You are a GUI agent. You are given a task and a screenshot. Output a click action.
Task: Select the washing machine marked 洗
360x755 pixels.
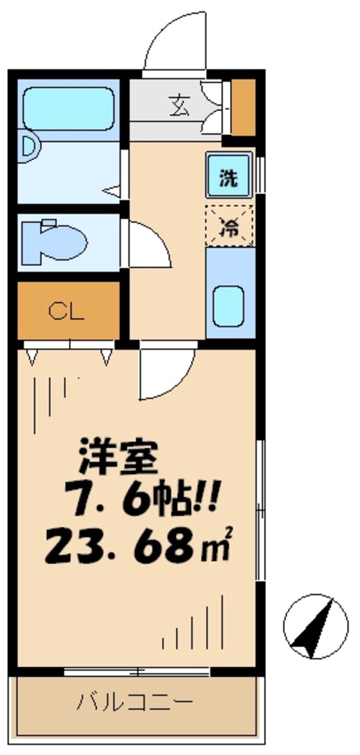click(x=229, y=175)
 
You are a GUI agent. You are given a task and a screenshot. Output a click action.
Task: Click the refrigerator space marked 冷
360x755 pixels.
click(x=229, y=226)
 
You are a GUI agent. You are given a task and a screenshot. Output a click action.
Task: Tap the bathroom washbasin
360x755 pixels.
click(x=28, y=148)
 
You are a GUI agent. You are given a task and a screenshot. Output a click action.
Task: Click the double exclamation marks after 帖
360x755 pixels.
click(x=206, y=499)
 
